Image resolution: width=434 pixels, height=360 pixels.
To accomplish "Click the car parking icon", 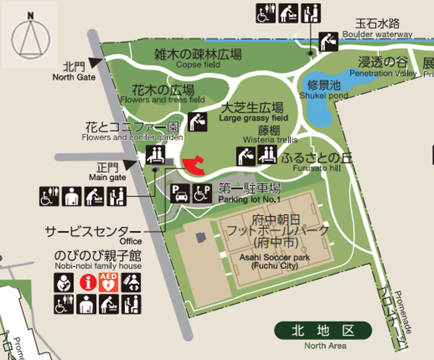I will pos(180,194).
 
